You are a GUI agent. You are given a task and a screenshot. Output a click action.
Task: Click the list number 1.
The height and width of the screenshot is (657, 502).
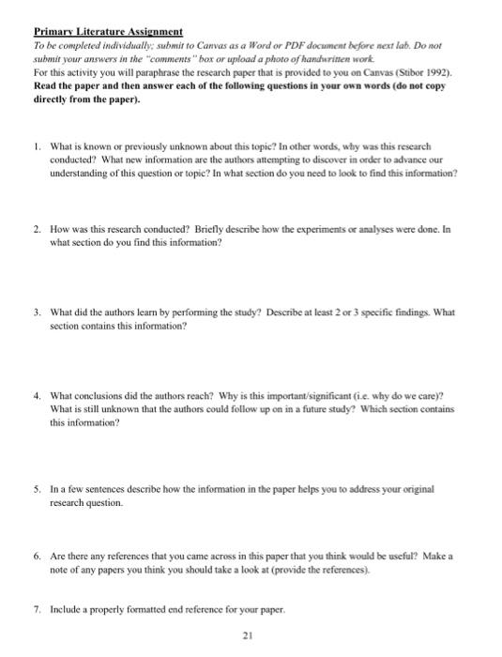point(37,148)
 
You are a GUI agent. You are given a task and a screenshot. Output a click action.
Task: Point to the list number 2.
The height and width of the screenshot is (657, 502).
point(37,228)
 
